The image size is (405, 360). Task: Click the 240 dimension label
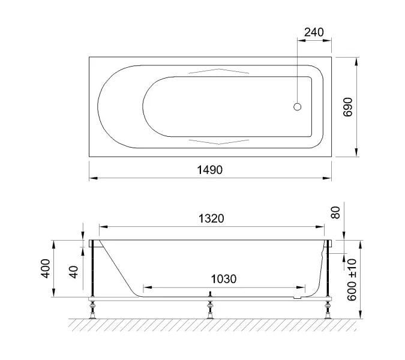314,32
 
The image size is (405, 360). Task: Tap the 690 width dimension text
347,107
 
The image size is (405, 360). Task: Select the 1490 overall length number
210,170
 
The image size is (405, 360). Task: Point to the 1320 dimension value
211,218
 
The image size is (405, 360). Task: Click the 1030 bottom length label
224,279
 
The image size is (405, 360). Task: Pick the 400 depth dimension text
46,269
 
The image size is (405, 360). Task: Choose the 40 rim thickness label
74,272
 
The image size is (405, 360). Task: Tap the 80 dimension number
335,212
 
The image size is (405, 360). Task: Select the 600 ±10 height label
352,280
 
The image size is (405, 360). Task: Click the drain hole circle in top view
297,107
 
